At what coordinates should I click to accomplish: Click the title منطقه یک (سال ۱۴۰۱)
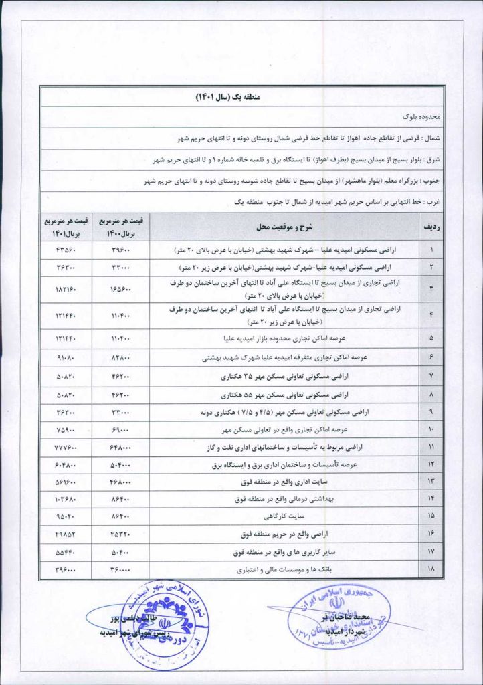coord(241,97)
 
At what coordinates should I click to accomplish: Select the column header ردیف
coord(429,227)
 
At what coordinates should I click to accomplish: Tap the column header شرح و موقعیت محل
coord(284,227)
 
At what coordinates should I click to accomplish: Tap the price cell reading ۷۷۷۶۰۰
coord(65,446)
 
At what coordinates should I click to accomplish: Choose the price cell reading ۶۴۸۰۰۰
coord(122,446)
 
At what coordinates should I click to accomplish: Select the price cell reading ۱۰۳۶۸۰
coord(65,499)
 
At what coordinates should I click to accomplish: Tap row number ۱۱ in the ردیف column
coord(429,446)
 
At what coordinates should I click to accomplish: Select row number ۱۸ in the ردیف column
coord(429,571)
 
